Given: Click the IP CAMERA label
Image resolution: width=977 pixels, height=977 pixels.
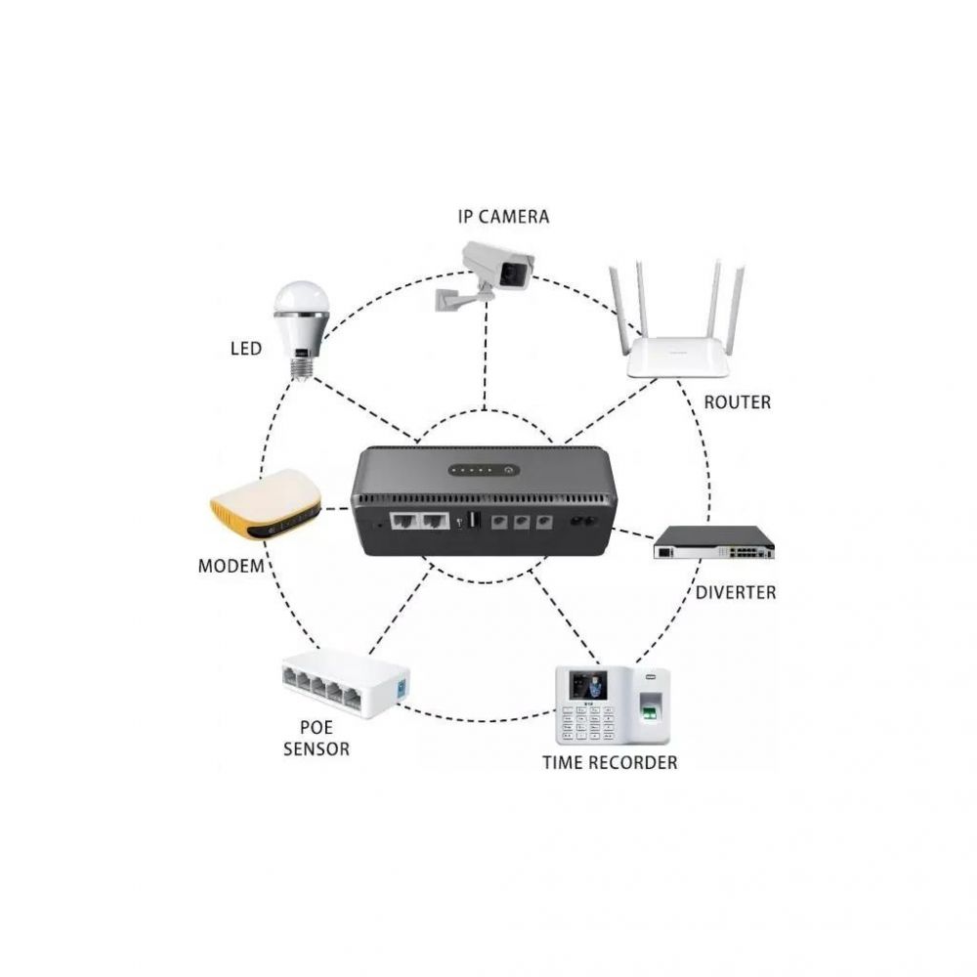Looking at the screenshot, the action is pyautogui.click(x=503, y=217).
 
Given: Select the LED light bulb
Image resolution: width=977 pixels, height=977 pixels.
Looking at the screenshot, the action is pyautogui.click(x=301, y=329).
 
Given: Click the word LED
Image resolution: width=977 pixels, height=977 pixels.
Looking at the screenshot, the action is pyautogui.click(x=246, y=349).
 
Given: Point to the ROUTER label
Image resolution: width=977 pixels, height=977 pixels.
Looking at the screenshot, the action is pyautogui.click(x=737, y=403).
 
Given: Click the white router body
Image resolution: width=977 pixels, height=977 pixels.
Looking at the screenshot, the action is pyautogui.click(x=677, y=357).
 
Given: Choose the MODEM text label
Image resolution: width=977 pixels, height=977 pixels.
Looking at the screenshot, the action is pyautogui.click(x=232, y=567).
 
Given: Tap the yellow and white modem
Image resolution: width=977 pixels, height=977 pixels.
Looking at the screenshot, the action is pyautogui.click(x=266, y=505).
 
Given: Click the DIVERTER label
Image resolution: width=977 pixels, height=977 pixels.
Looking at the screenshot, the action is pyautogui.click(x=736, y=593).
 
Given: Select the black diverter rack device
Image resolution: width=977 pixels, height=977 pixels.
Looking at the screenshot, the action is pyautogui.click(x=714, y=542).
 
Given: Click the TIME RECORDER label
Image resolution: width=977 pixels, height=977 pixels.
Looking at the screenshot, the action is pyautogui.click(x=610, y=763).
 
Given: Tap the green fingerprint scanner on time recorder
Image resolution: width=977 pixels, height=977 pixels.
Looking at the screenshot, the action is pyautogui.click(x=649, y=709).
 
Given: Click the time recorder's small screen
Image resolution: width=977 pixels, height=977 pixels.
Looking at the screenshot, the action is pyautogui.click(x=588, y=685).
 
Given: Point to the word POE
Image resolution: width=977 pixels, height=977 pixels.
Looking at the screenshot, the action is pyautogui.click(x=317, y=727).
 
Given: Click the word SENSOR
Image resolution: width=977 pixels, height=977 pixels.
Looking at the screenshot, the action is pyautogui.click(x=317, y=749).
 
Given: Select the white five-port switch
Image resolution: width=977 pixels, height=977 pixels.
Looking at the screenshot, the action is pyautogui.click(x=346, y=683).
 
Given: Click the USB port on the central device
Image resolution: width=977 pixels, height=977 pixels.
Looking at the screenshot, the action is pyautogui.click(x=473, y=520).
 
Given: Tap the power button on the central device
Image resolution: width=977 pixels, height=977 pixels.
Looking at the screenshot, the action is pyautogui.click(x=508, y=471).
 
